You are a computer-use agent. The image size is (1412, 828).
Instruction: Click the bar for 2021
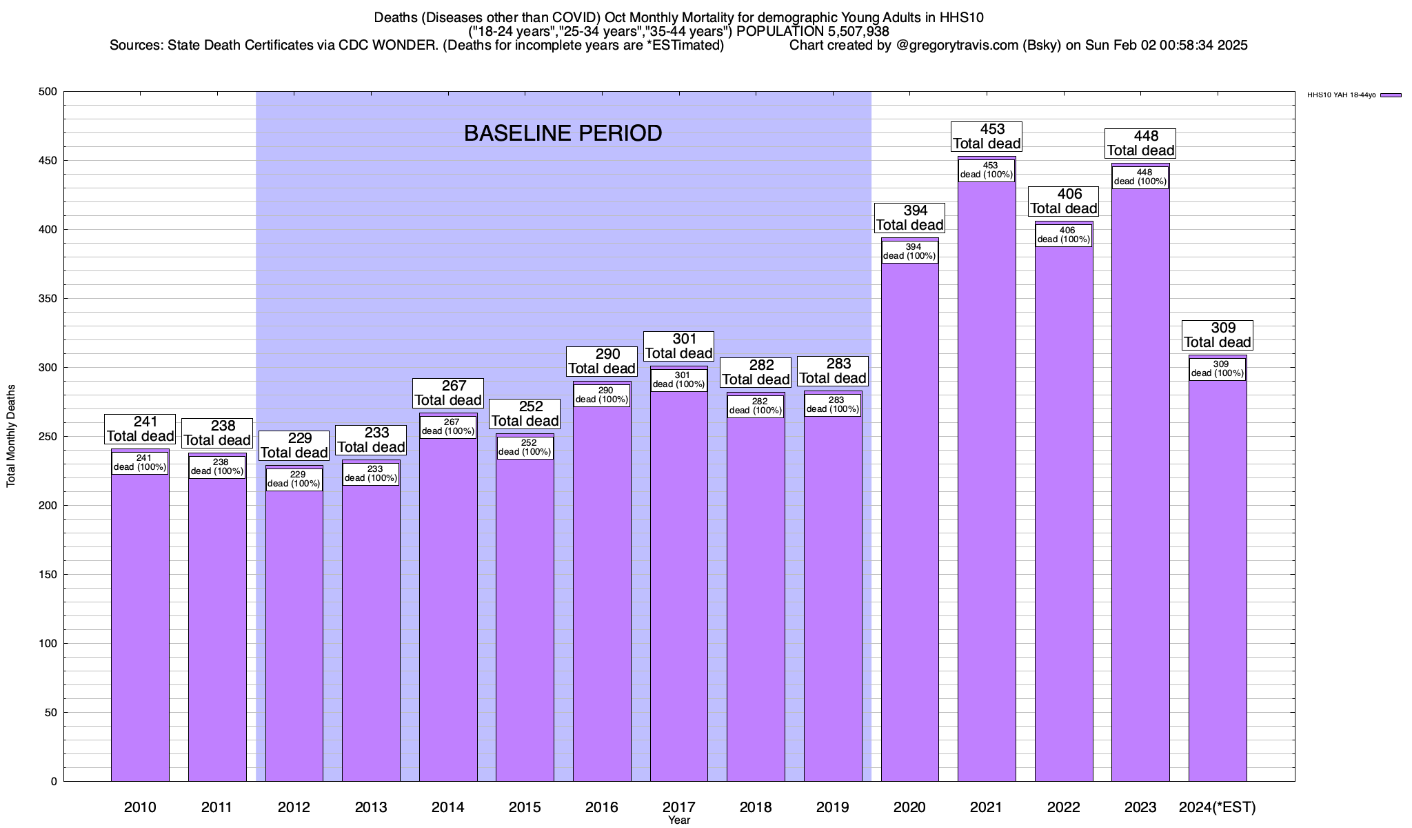pyautogui.click(x=987, y=483)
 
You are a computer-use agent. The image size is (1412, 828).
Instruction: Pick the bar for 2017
pyautogui.click(x=679, y=586)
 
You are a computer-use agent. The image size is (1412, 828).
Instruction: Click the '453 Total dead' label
pyautogui.click(x=987, y=137)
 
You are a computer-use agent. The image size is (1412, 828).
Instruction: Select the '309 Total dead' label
pyautogui.click(x=1218, y=335)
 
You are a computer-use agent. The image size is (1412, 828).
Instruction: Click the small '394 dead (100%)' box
pyautogui.click(x=910, y=251)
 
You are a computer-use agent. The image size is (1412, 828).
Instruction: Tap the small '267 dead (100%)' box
pyautogui.click(x=448, y=427)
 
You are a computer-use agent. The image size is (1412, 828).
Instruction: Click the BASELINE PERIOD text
pyautogui.click(x=563, y=133)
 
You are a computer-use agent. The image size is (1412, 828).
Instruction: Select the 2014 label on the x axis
pyautogui.click(x=448, y=807)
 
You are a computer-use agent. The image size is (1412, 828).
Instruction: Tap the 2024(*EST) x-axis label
pyautogui.click(x=1218, y=807)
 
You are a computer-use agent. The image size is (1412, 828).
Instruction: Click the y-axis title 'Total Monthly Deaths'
pyautogui.click(x=11, y=436)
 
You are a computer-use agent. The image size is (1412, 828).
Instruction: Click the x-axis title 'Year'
pyautogui.click(x=679, y=820)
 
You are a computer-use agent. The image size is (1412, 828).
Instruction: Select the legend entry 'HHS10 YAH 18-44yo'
pyautogui.click(x=1341, y=95)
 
